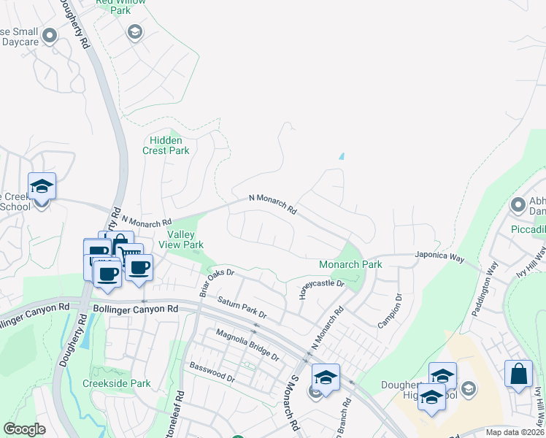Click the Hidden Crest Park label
click(169, 145)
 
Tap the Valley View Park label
click(185, 239)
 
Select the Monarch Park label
click(350, 264)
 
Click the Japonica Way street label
click(439, 257)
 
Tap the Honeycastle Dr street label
click(321, 283)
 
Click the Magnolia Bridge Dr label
click(247, 345)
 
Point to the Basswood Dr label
click(212, 372)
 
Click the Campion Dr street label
click(389, 310)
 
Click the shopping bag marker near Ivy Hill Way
click(518, 374)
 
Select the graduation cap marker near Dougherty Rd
click(42, 186)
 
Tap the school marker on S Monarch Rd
click(326, 377)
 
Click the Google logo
click(24, 429)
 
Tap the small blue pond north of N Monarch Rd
click(341, 156)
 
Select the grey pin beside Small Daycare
click(50, 34)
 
